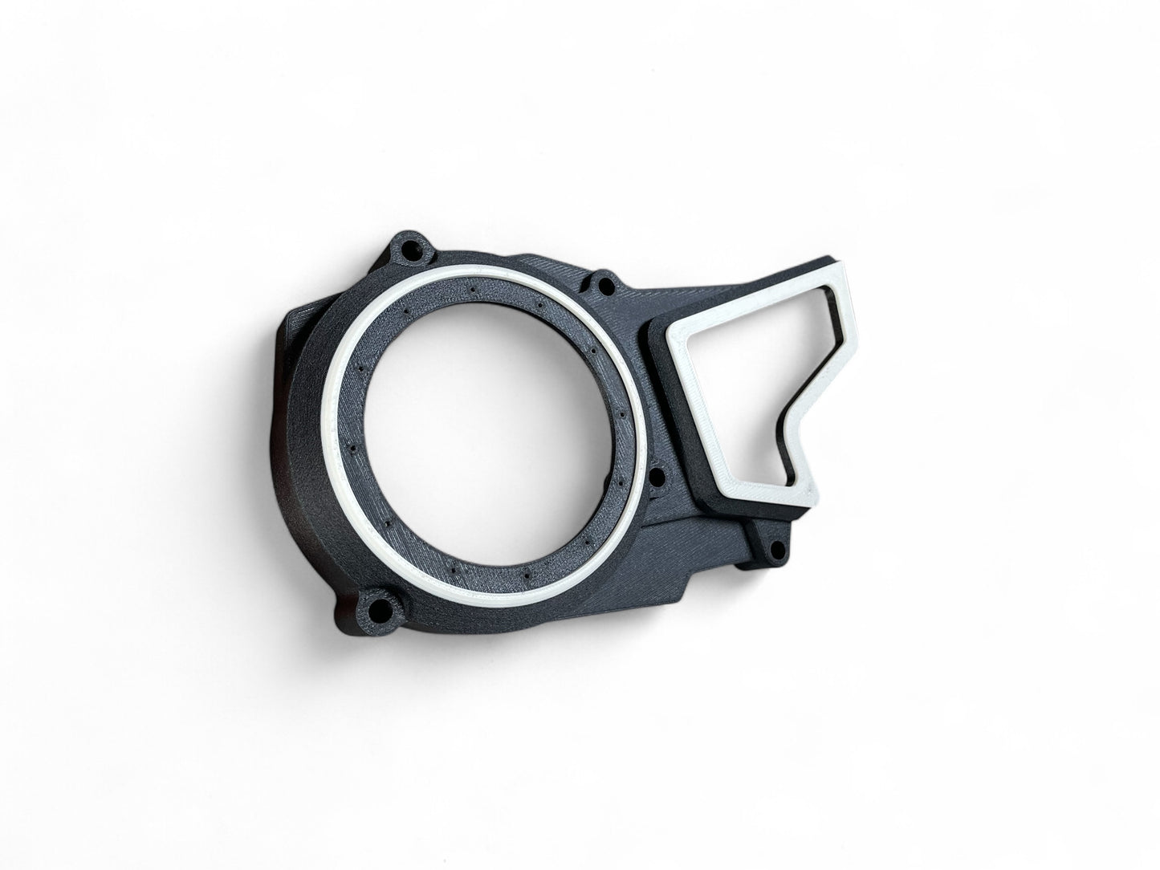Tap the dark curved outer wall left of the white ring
[x=301, y=449]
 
